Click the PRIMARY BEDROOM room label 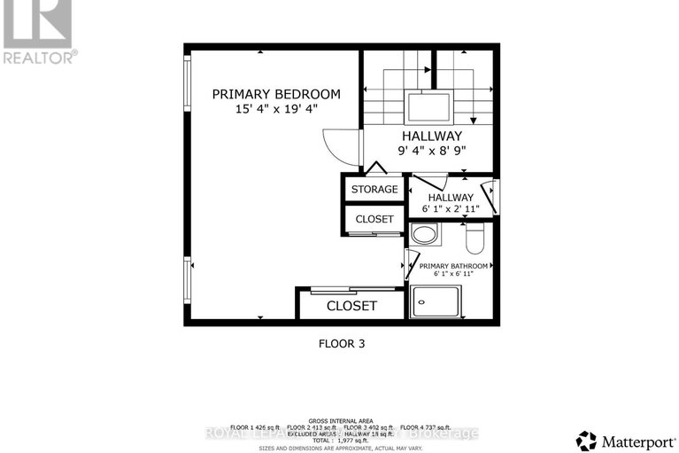[x=275, y=94]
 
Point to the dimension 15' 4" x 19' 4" [x=275, y=109]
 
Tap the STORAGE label [x=374, y=190]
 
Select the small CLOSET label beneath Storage [x=374, y=219]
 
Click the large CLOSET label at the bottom [x=351, y=306]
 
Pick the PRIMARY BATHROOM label [x=453, y=266]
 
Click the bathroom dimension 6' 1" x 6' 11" [x=453, y=276]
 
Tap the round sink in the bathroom [x=424, y=237]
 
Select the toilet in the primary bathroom [x=474, y=237]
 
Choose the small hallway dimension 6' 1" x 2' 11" [x=451, y=210]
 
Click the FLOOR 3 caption [x=341, y=342]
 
